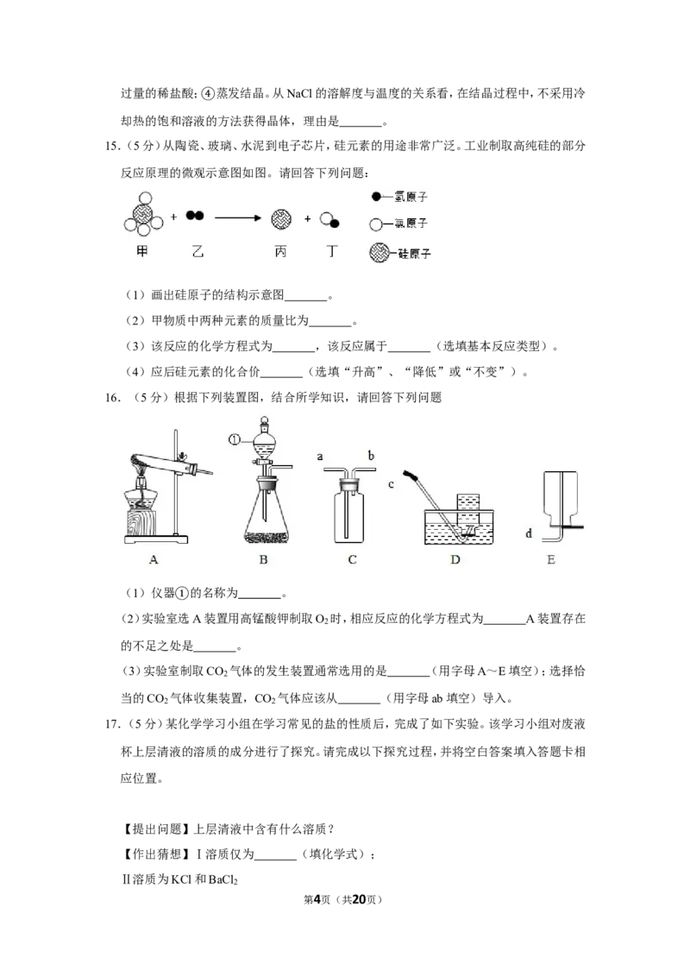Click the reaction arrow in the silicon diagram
coord(238,217)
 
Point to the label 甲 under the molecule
coord(142,252)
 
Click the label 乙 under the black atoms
coord(198,252)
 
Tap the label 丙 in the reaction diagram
coord(281,252)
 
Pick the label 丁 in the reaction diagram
coord(332,252)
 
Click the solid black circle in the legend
coord(375,197)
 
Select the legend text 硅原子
coord(414,254)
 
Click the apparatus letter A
coord(154,559)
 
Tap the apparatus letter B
coord(263,559)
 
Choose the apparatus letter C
coord(353,559)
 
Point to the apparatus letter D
coord(455,559)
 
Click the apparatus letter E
coord(551,559)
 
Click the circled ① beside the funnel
coord(234,440)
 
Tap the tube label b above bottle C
coord(371,456)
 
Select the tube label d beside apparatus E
coord(529,533)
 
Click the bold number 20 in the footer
coord(360,899)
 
